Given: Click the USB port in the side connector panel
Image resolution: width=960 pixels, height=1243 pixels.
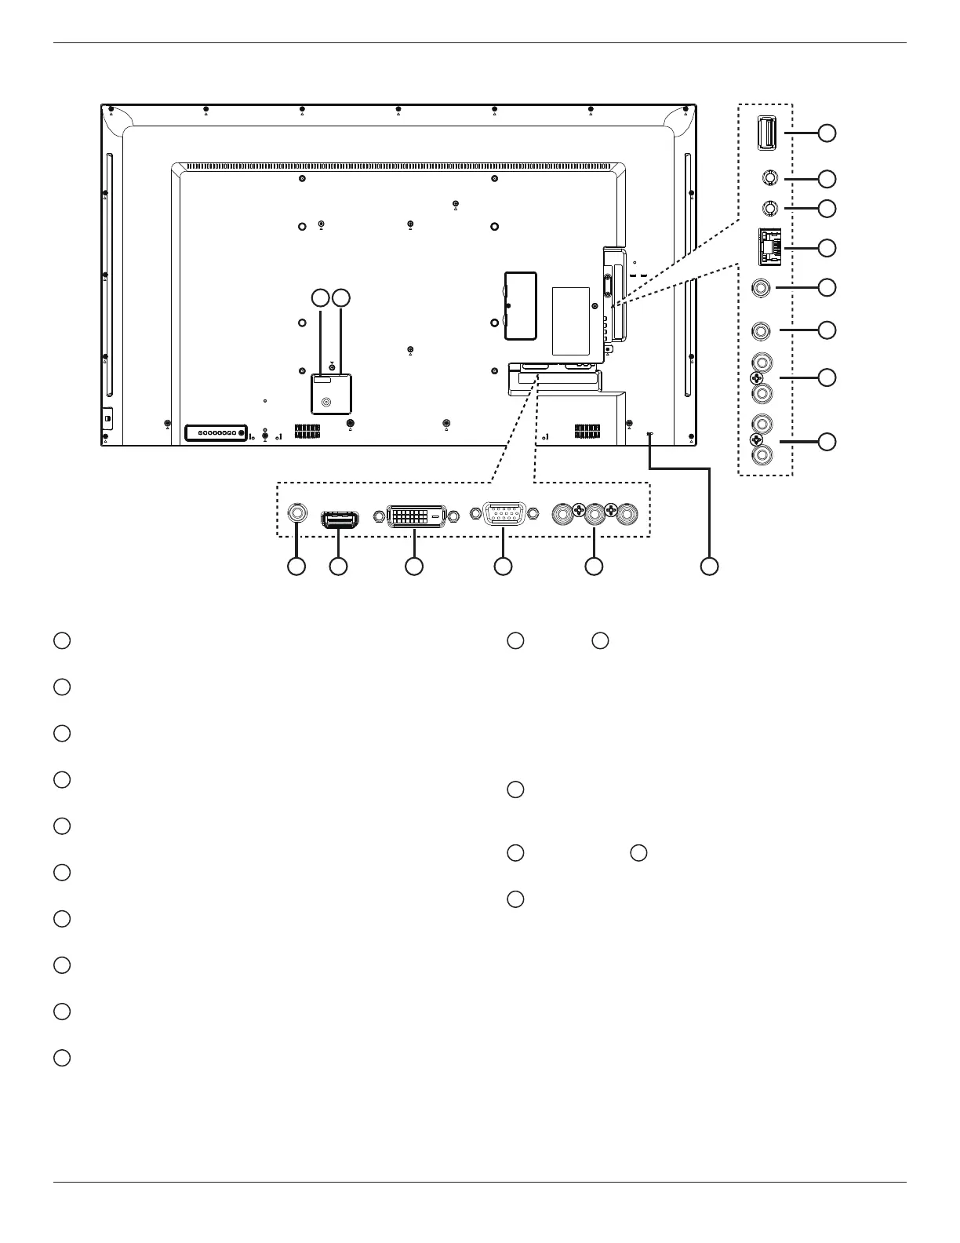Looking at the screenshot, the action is [x=767, y=133].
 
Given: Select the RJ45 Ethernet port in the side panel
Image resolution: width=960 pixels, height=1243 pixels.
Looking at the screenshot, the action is [x=769, y=246].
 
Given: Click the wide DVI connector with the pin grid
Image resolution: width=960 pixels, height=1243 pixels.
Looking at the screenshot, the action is [x=416, y=516].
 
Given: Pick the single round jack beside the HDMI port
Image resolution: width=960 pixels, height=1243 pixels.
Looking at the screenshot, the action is [x=297, y=512].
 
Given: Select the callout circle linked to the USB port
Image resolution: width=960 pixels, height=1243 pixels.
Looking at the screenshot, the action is [x=827, y=133].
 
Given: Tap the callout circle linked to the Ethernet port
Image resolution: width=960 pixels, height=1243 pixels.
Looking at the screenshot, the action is [x=827, y=248].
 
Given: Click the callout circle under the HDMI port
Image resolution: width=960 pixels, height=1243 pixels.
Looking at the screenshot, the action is [x=338, y=566].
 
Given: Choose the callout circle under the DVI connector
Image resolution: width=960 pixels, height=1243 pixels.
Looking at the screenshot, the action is [x=413, y=566].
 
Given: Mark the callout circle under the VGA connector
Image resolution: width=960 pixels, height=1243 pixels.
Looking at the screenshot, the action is [x=503, y=566].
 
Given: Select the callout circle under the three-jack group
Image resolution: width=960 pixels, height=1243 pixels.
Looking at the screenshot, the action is [x=595, y=566].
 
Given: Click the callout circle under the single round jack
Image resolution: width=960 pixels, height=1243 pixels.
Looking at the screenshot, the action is [x=296, y=566].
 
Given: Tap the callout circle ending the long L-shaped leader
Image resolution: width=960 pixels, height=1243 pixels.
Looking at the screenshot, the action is [x=709, y=566].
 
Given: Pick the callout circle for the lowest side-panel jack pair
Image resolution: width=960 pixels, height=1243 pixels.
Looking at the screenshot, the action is [x=827, y=442].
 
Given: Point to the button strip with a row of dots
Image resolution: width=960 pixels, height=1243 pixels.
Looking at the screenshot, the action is [x=216, y=432].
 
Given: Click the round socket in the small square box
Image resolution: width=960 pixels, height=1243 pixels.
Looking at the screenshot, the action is [x=327, y=403].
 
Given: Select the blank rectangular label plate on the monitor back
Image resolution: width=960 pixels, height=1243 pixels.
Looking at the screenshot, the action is [x=570, y=320].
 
